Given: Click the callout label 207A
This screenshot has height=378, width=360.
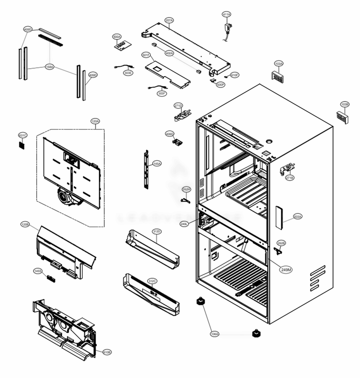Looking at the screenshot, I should (169, 21).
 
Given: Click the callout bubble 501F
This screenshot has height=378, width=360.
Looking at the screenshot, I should (146, 55).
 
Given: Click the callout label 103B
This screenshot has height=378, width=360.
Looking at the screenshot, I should (345, 104).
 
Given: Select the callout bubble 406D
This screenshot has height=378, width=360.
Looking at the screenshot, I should (170, 134).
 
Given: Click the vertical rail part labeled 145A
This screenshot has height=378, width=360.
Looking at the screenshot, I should (146, 169).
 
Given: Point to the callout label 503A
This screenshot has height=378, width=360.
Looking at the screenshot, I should (298, 217).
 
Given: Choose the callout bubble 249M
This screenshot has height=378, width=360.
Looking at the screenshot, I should (287, 269).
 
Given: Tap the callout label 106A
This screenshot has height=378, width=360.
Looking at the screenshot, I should (215, 334).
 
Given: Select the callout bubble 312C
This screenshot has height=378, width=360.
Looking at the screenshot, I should (152, 281).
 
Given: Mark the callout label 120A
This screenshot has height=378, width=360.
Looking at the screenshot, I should (95, 121).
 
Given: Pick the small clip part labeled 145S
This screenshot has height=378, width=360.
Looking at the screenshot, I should (50, 278).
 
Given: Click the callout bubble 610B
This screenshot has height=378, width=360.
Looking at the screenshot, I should (107, 352).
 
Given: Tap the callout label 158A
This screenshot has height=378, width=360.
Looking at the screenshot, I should (50, 67).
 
